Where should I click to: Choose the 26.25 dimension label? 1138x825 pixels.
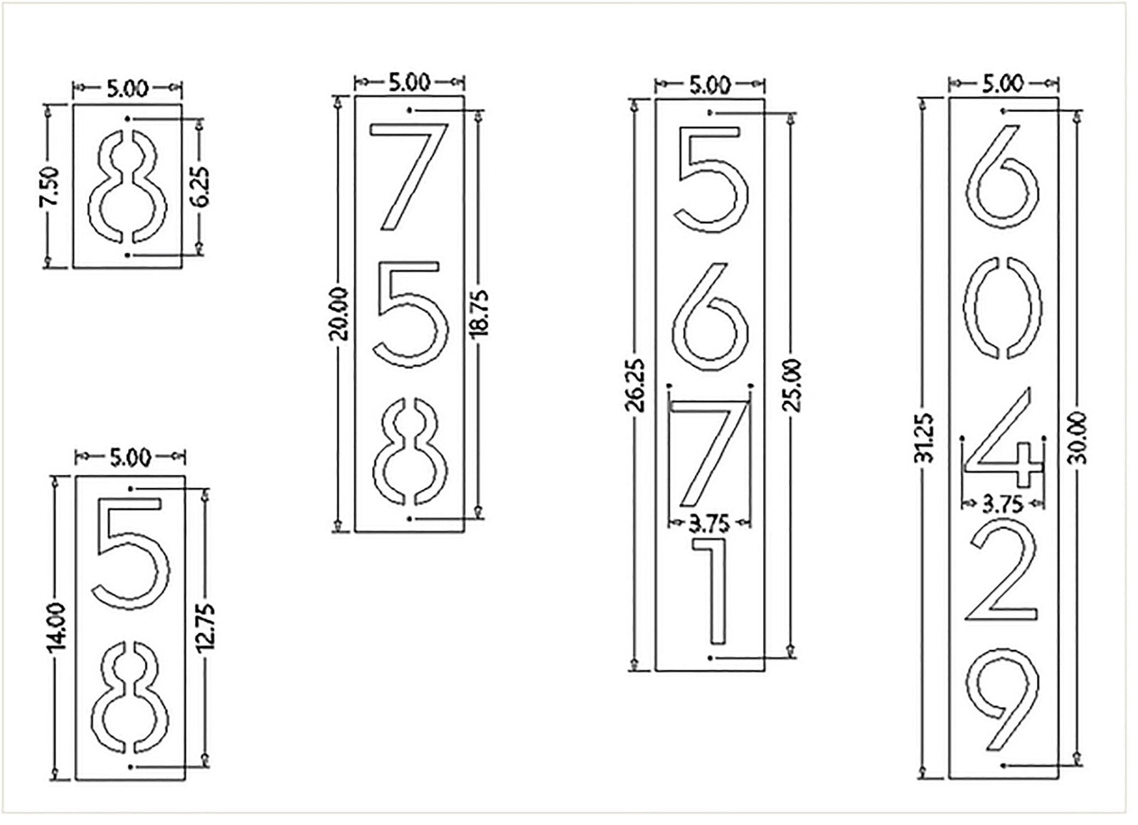coord(637,385)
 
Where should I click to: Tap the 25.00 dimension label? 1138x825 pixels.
coord(792,385)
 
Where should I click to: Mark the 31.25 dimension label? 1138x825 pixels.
coord(924,437)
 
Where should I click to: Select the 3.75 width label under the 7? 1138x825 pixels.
coord(709,524)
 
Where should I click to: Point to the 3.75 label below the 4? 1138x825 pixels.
coord(1002,504)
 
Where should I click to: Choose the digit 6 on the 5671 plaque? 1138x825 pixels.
coord(710,316)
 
